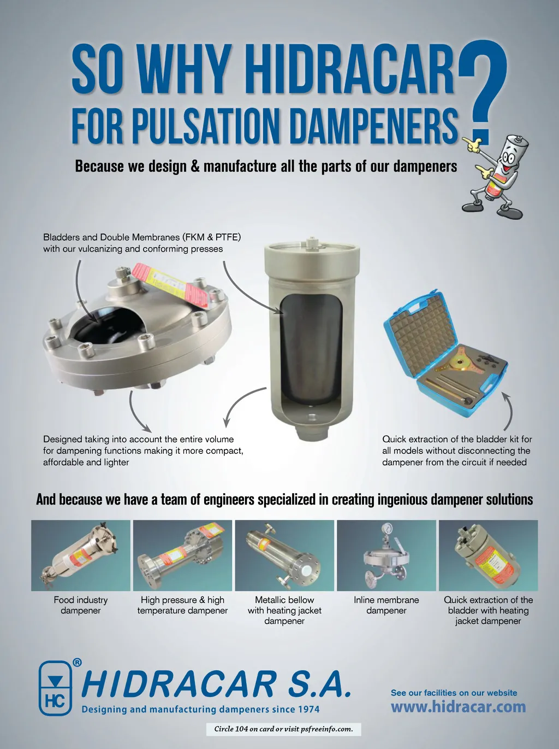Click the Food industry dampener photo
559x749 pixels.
pos(81,555)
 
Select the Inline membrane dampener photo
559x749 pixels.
pos(386,555)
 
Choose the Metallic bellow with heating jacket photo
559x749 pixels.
pos(284,555)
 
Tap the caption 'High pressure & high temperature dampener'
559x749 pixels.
pos(182,605)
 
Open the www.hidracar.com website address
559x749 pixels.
pos(458,706)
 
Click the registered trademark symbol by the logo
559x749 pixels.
pos(78,662)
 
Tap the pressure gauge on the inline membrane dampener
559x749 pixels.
pos(386,528)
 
